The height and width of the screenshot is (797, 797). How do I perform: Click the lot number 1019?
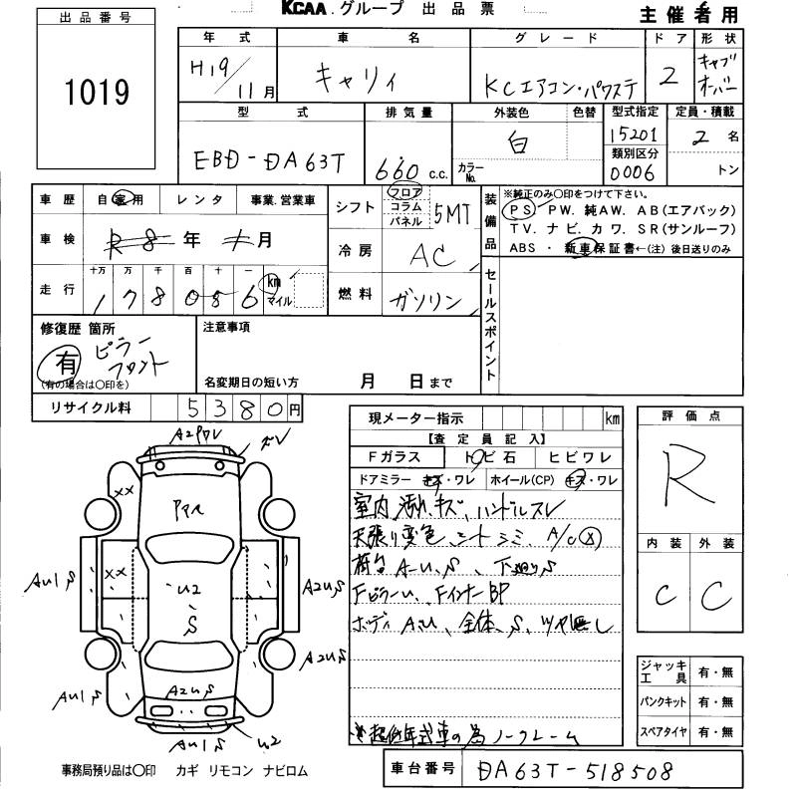coord(97,94)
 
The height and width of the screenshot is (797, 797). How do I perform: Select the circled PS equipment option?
coord(518,211)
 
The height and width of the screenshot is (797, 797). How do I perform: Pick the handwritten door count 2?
coord(669,77)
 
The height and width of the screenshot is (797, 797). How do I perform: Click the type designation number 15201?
coord(633,134)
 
